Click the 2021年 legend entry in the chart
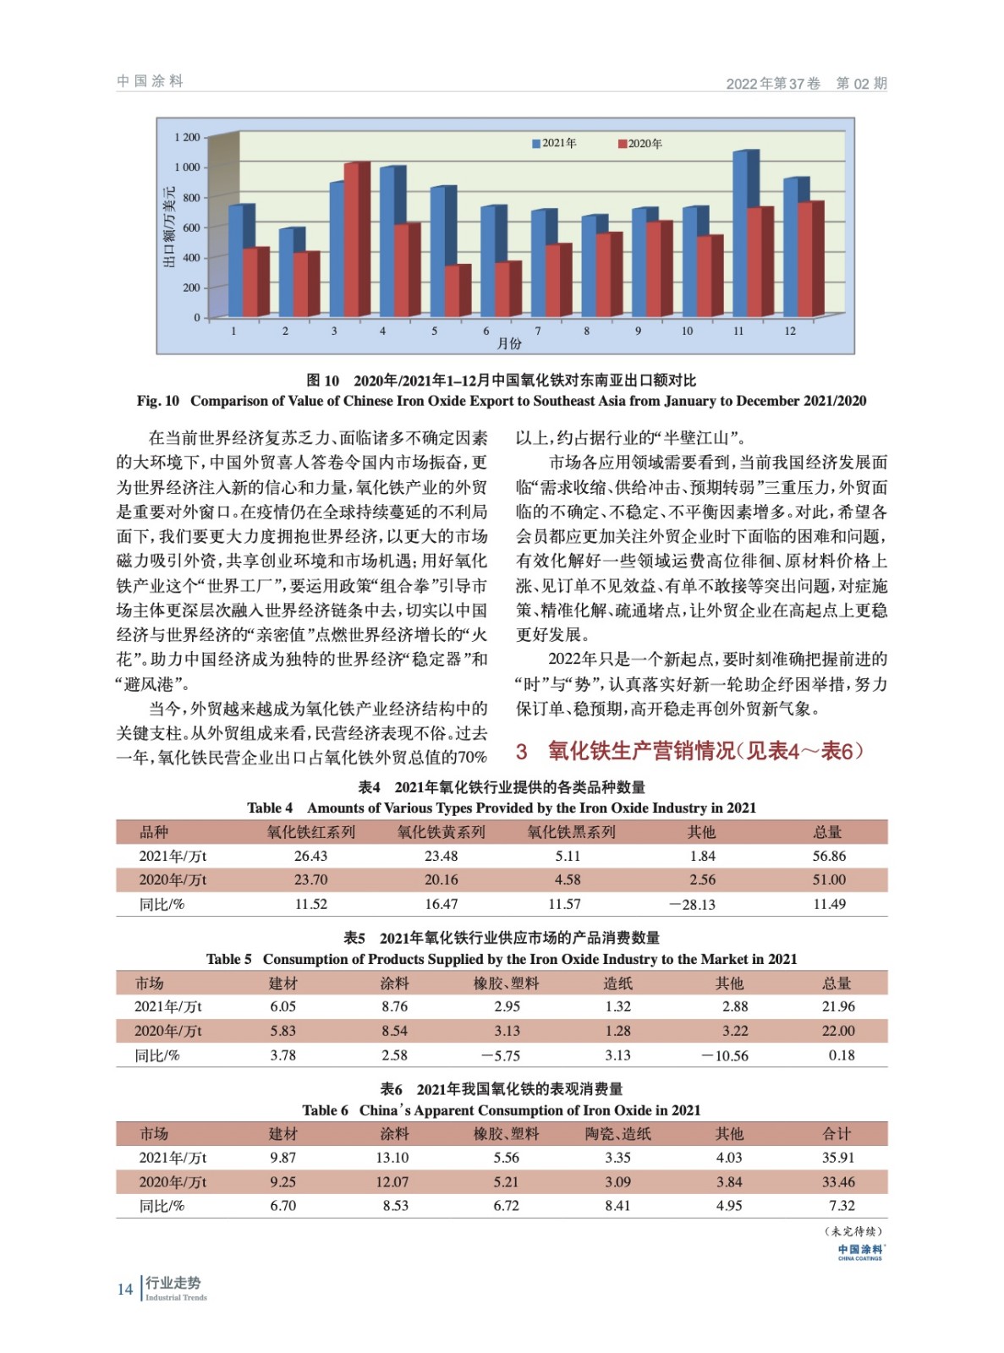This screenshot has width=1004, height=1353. point(554,144)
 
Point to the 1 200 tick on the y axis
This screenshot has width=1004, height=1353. point(187,137)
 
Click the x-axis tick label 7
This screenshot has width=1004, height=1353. point(538,331)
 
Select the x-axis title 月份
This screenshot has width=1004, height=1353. point(509,343)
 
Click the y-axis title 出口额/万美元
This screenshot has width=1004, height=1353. point(169,227)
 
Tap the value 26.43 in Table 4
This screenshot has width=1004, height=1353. point(310,856)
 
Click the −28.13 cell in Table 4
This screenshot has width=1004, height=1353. point(692,904)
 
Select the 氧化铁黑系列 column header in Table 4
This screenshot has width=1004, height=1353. point(571,832)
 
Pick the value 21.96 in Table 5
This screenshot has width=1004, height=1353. point(838,1006)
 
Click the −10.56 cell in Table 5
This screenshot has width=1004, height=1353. point(725,1055)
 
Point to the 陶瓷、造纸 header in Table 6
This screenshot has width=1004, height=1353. point(617,1134)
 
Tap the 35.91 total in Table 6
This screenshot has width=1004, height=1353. point(838,1158)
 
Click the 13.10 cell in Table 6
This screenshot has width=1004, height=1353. point(392,1158)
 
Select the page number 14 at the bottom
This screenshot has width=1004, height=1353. point(125,1289)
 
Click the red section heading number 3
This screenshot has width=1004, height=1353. point(522,751)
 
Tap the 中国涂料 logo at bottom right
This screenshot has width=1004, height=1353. point(860,1252)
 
